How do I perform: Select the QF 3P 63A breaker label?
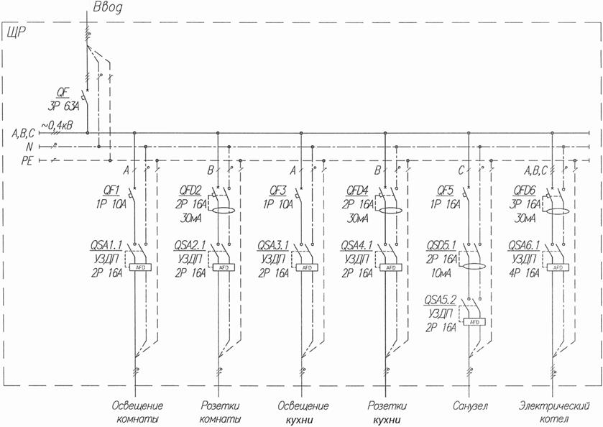click(65, 98)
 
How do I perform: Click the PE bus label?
click(27, 160)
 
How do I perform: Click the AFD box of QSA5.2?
click(474, 322)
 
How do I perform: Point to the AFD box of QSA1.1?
click(139, 267)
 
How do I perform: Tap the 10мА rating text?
click(440, 274)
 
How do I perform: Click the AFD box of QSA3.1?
click(306, 267)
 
